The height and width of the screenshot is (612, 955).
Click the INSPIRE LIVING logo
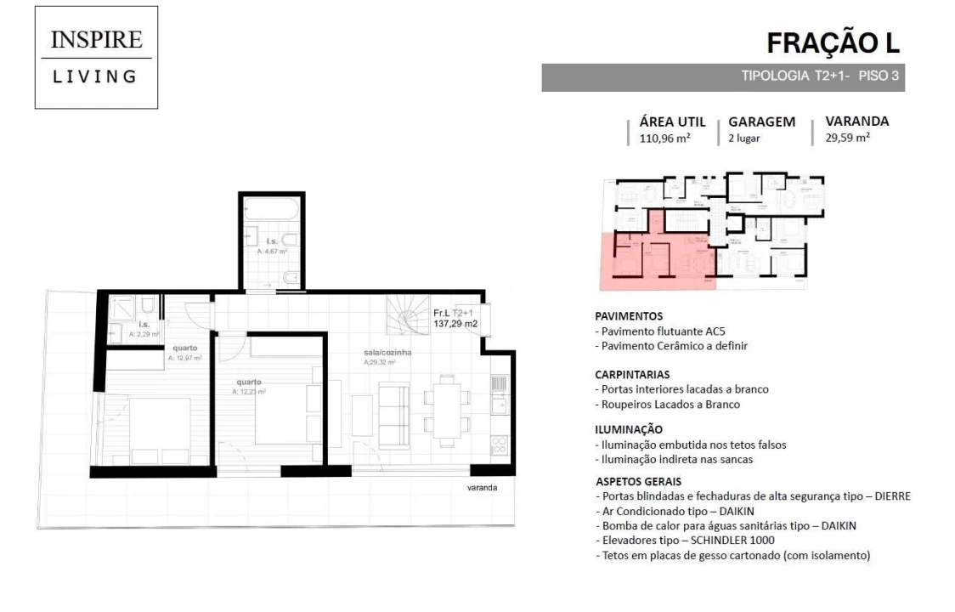(x=96, y=58)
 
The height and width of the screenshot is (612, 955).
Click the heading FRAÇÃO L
(x=832, y=42)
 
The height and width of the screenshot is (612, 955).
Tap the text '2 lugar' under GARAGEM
(x=744, y=139)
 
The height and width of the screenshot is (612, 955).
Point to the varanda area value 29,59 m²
(x=847, y=138)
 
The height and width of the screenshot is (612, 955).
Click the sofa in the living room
(x=393, y=416)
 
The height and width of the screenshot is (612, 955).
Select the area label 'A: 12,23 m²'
(x=251, y=392)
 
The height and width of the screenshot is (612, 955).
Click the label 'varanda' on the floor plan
(x=482, y=488)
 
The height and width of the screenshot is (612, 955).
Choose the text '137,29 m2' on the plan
(x=455, y=324)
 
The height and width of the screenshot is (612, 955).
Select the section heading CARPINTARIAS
(x=632, y=373)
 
